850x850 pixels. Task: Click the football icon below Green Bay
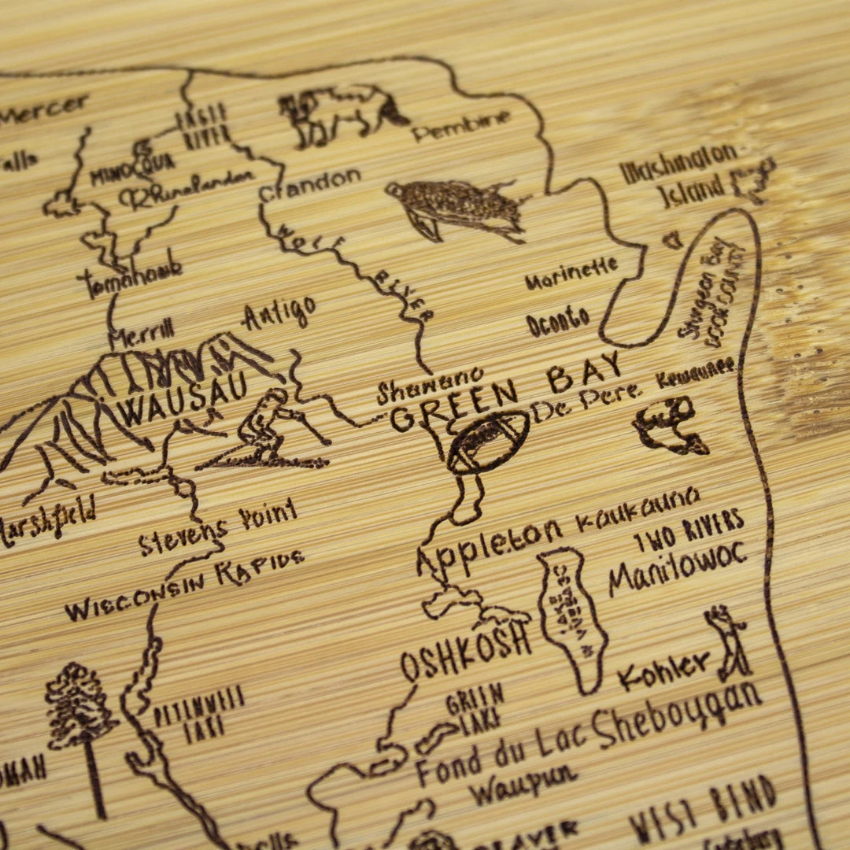(488, 442)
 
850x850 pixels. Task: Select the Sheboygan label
(677, 718)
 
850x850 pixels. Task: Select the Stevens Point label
(217, 529)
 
